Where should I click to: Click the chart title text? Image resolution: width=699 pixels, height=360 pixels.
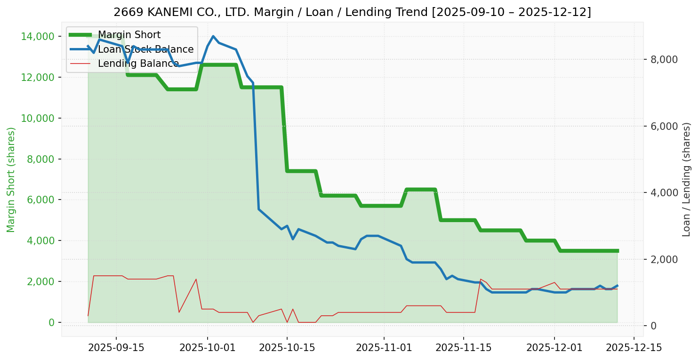point(352,12)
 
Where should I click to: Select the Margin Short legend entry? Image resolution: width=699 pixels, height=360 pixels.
point(129,35)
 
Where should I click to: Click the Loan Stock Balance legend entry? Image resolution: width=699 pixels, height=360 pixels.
point(145,49)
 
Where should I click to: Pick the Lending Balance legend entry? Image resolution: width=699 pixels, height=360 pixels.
point(138,64)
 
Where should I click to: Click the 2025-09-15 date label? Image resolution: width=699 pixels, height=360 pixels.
point(116,348)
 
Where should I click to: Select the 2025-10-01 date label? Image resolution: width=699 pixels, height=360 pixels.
point(208,348)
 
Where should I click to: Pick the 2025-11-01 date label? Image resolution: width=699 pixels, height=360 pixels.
point(384,348)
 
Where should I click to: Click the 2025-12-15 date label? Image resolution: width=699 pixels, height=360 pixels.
point(634,348)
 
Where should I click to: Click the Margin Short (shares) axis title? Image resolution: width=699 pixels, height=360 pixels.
point(11,180)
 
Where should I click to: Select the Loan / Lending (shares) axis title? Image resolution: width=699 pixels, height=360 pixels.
point(686,179)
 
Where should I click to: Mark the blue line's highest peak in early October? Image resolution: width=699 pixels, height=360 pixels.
point(213,36)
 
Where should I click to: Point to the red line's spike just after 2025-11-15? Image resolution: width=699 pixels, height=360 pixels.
point(481,280)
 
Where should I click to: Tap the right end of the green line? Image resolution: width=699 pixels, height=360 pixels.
point(617,251)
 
